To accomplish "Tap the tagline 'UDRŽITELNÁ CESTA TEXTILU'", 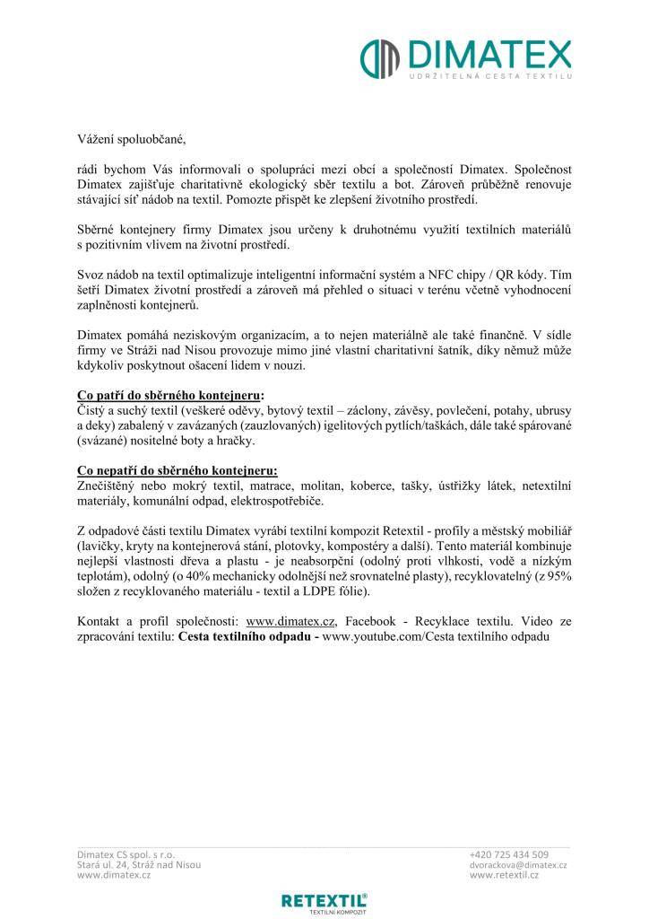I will (489, 79).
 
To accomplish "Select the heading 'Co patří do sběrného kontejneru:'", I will (170, 394).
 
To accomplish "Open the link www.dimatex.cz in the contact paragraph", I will (290, 620).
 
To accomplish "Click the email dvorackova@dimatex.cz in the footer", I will (518, 864).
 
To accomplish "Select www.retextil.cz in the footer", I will (504, 875).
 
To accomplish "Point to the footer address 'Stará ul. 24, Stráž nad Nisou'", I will (139, 864).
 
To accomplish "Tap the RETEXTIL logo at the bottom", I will (324, 901).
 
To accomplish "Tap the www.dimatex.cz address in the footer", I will (114, 875).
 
